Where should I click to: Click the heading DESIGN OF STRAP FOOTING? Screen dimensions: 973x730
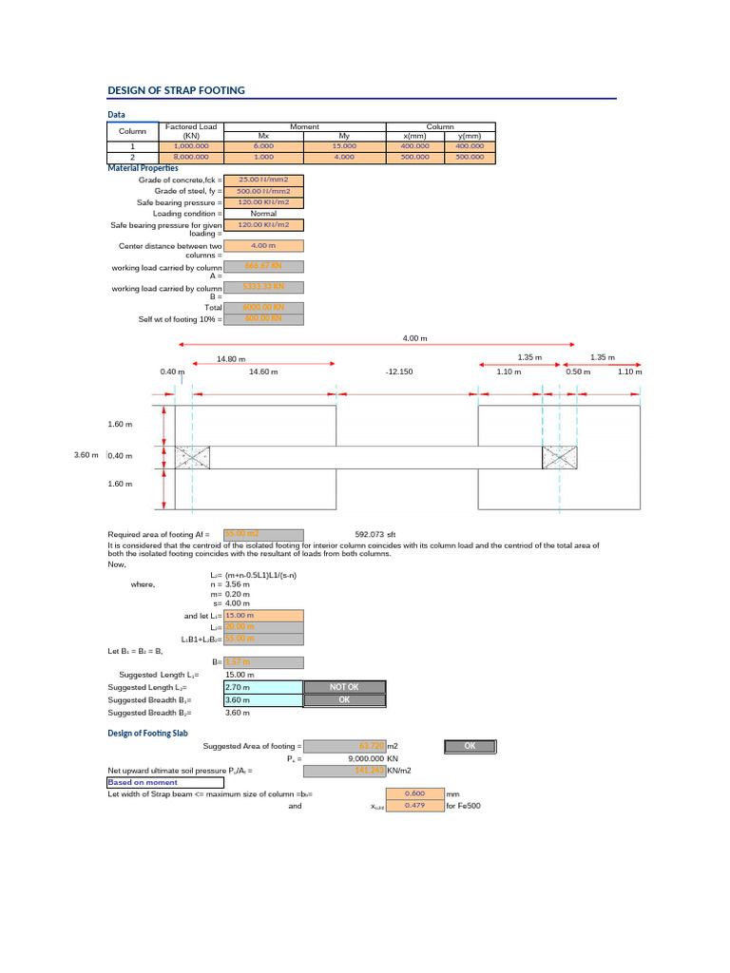tap(177, 90)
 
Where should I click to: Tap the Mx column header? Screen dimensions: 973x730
tap(264, 137)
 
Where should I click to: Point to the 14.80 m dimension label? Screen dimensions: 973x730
tap(231, 359)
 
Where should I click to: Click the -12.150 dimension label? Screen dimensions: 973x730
tap(398, 372)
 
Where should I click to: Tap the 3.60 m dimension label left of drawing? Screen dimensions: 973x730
tap(86, 456)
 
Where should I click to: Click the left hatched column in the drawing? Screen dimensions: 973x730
tap(192, 457)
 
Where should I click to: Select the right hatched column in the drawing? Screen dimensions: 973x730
tap(559, 457)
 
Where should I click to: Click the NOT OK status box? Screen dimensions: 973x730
tap(344, 687)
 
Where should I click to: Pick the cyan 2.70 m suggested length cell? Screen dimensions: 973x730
tap(263, 687)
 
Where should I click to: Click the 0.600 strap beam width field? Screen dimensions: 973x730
tap(413, 793)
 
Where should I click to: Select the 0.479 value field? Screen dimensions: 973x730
tap(413, 806)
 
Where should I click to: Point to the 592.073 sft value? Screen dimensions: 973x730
tap(375, 534)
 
